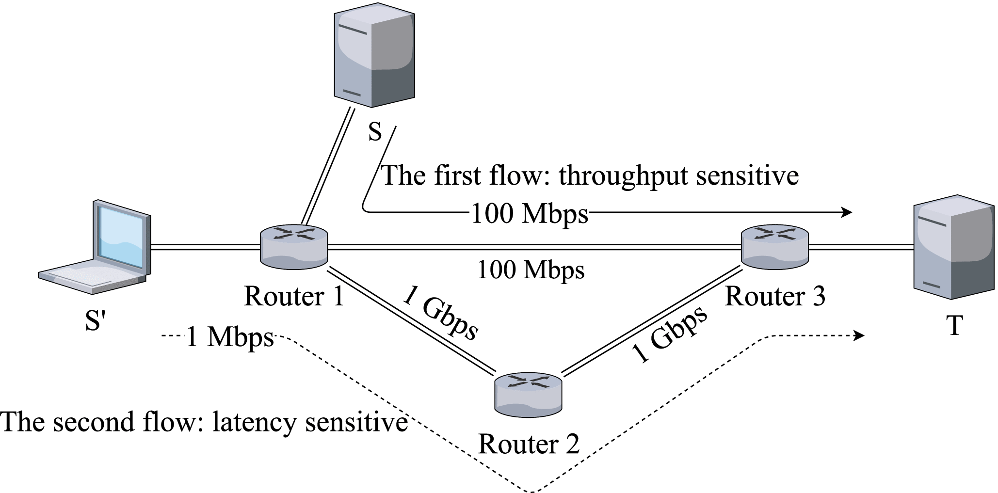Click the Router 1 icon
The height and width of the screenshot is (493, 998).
[x=294, y=247]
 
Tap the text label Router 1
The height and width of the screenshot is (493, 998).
[x=294, y=296]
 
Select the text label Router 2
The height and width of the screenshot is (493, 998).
[x=529, y=444]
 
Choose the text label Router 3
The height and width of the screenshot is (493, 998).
[x=774, y=296]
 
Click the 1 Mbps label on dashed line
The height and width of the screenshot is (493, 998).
[x=230, y=337]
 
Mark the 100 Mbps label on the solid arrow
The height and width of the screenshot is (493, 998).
[x=530, y=213]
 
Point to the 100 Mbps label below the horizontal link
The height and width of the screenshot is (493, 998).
[x=531, y=270]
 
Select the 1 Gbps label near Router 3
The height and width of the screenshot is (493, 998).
[x=670, y=335]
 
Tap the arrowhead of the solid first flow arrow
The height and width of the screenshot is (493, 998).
[x=847, y=212]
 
